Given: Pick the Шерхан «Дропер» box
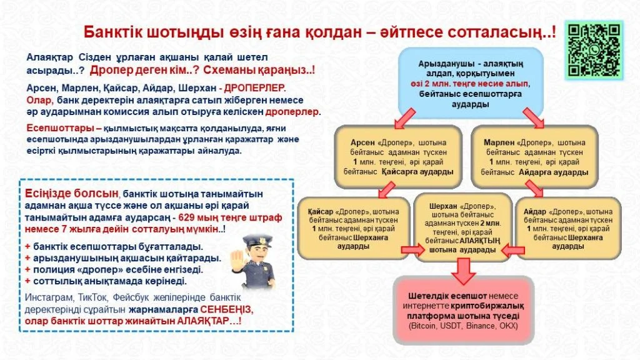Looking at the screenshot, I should click(x=462, y=227).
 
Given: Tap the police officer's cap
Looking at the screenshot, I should click(x=257, y=241).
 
